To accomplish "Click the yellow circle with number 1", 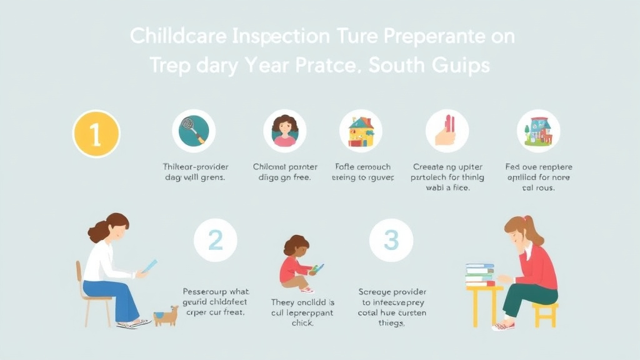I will tap(96, 134).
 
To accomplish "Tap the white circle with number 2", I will tap(215, 240).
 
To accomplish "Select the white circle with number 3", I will tap(391, 240).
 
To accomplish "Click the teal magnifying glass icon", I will tap(194, 131).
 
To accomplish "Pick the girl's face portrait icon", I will tap(285, 131).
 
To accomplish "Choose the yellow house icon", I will tap(361, 131).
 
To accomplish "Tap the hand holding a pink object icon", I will tap(447, 131).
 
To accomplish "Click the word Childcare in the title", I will tap(178, 36).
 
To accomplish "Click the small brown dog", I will tap(166, 315).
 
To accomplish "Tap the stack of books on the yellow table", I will tap(480, 274).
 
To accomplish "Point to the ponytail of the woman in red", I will tap(536, 232).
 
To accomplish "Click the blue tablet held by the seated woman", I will tap(149, 266).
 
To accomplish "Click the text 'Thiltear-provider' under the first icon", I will tap(196, 167).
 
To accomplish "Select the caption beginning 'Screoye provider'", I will tap(392, 291).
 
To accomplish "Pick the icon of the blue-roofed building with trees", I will tap(538, 131).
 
